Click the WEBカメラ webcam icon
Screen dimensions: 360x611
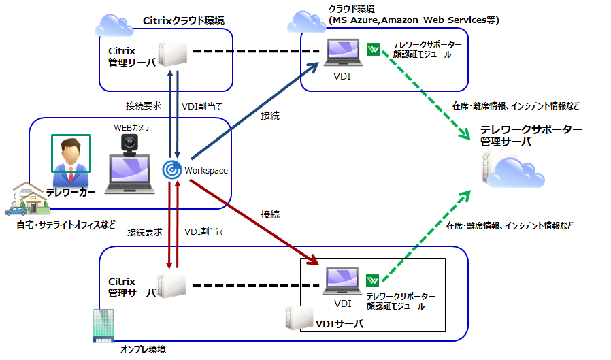(131, 143)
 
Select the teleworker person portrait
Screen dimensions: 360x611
(71, 154)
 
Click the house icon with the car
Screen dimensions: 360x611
(23, 198)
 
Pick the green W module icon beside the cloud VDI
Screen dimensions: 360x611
(374, 49)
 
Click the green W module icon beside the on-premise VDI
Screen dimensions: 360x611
(374, 280)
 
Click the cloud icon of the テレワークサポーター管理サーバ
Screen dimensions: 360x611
(515, 171)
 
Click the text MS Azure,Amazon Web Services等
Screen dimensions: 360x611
(414, 21)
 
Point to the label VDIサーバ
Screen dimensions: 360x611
(340, 323)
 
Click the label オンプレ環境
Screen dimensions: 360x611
(143, 349)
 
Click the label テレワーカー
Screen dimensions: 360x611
(71, 192)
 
